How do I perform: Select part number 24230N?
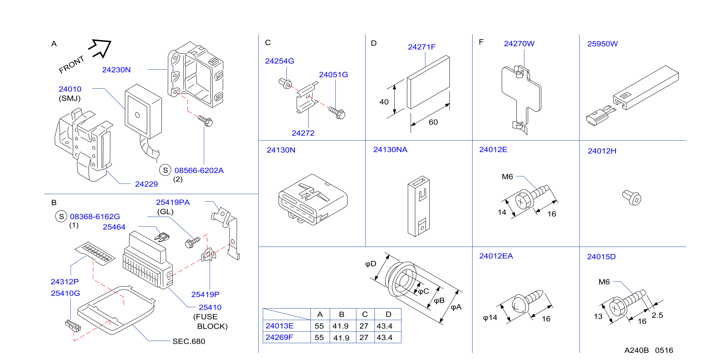click(x=116, y=70)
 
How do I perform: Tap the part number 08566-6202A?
click(x=199, y=170)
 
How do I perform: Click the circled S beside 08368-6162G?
click(x=61, y=216)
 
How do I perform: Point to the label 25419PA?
click(x=173, y=202)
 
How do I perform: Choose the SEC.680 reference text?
click(x=189, y=341)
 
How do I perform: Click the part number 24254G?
click(x=280, y=61)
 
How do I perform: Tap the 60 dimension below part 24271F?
click(x=433, y=122)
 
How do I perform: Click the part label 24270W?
click(x=519, y=44)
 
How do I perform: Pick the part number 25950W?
click(x=602, y=44)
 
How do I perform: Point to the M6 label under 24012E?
click(x=507, y=177)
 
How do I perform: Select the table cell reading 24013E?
click(x=280, y=326)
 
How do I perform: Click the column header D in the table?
click(x=388, y=314)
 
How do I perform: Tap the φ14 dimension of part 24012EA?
click(x=490, y=318)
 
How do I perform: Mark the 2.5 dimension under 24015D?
click(x=657, y=315)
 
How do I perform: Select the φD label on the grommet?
click(x=371, y=264)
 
